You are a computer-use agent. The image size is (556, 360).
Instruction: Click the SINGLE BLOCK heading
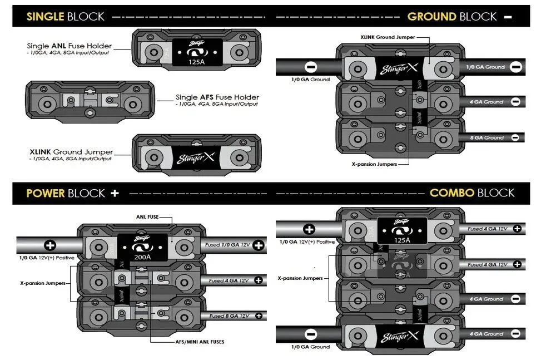click(65, 16)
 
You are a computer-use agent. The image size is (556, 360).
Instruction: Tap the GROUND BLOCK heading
click(451, 17)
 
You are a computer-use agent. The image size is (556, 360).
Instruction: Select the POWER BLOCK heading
click(65, 193)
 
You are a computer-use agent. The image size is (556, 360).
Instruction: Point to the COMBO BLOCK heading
click(472, 193)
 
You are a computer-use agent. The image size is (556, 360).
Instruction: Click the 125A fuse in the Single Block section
click(195, 55)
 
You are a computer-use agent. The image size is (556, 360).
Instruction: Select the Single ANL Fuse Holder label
click(69, 46)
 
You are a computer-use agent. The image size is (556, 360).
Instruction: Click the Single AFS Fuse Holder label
click(217, 97)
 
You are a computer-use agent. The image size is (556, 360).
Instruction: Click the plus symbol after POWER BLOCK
click(115, 193)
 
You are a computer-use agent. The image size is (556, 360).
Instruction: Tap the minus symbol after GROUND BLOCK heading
click(508, 17)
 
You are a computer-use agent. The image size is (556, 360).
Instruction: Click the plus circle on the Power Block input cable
click(50, 245)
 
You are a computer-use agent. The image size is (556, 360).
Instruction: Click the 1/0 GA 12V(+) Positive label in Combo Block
click(307, 241)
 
